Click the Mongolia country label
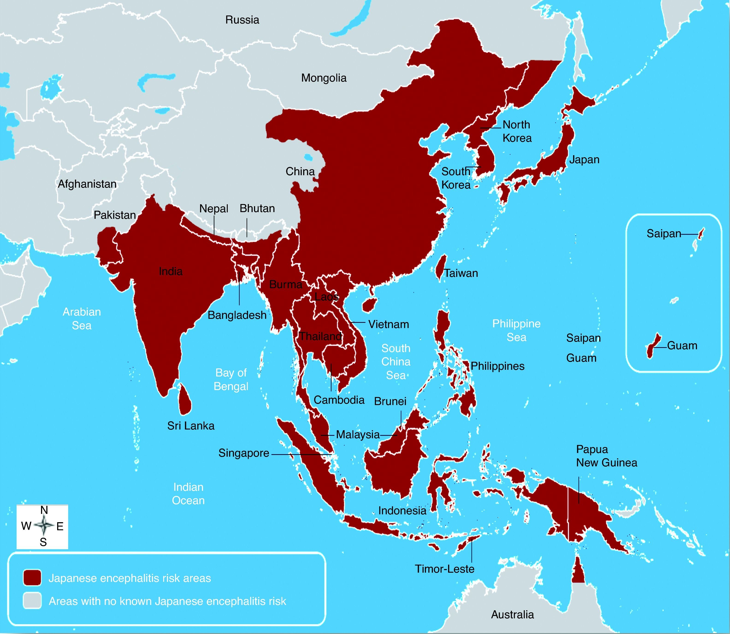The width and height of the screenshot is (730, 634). click(x=324, y=78)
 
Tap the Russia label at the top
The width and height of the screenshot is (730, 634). click(x=242, y=20)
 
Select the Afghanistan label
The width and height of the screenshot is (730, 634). click(x=87, y=184)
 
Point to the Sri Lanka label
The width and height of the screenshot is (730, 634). click(x=191, y=426)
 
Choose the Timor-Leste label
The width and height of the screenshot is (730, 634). click(x=444, y=569)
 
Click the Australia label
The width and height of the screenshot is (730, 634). click(x=512, y=615)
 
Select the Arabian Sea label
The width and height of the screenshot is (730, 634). click(x=82, y=318)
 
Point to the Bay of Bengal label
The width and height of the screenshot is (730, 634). click(x=231, y=379)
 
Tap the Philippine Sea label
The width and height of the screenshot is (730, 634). click(x=516, y=330)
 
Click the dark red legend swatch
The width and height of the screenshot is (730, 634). click(x=32, y=578)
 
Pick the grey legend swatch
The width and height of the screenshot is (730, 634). click(x=32, y=601)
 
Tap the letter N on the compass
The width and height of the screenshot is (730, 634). click(x=44, y=510)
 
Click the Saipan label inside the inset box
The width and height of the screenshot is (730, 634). click(x=664, y=234)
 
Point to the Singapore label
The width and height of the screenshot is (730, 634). click(x=244, y=453)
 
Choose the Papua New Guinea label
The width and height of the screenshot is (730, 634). click(x=606, y=456)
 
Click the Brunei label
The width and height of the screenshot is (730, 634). click(x=390, y=401)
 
